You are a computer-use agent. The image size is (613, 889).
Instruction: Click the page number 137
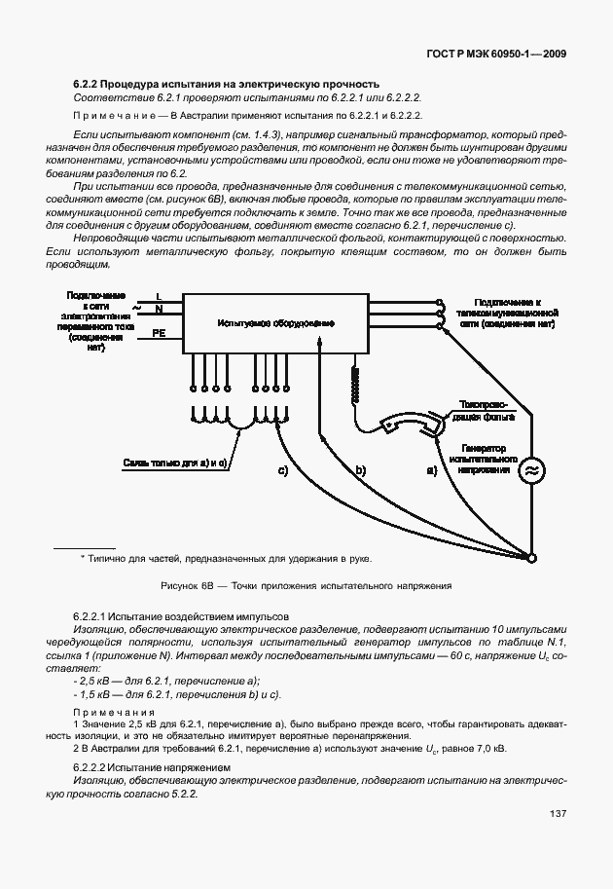coord(558,814)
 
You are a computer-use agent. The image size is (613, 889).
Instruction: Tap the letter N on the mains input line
coord(159,310)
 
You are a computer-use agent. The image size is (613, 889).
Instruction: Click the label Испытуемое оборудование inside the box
coord(276,322)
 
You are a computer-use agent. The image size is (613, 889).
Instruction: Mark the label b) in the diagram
coord(359,470)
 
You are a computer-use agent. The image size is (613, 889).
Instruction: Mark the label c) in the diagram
coord(282,470)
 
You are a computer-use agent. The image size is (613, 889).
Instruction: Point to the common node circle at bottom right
coord(531,559)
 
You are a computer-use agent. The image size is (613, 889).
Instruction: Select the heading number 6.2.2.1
coord(90,618)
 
